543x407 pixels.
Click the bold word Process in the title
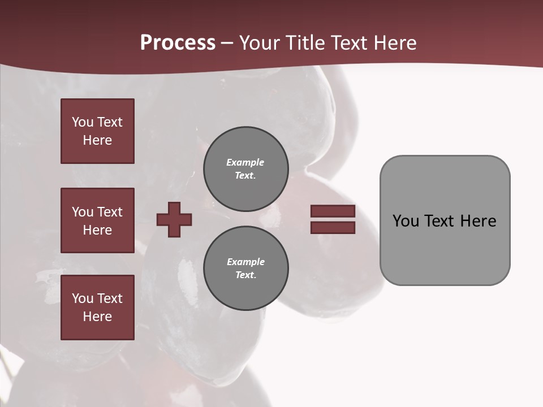[x=178, y=43]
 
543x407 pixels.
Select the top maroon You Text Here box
[x=97, y=131]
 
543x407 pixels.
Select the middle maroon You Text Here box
[x=97, y=220]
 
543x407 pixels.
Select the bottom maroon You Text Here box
[x=97, y=308]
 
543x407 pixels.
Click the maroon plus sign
[x=174, y=219]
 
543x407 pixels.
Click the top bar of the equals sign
[x=333, y=211]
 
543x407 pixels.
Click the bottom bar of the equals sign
[x=333, y=228]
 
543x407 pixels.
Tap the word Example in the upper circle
[x=245, y=162]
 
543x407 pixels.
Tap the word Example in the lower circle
[x=245, y=262]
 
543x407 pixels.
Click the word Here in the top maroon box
[x=97, y=140]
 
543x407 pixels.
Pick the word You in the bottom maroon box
[x=83, y=298]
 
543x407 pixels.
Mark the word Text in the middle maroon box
[x=110, y=212]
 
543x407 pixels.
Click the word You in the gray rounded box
[x=405, y=221]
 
